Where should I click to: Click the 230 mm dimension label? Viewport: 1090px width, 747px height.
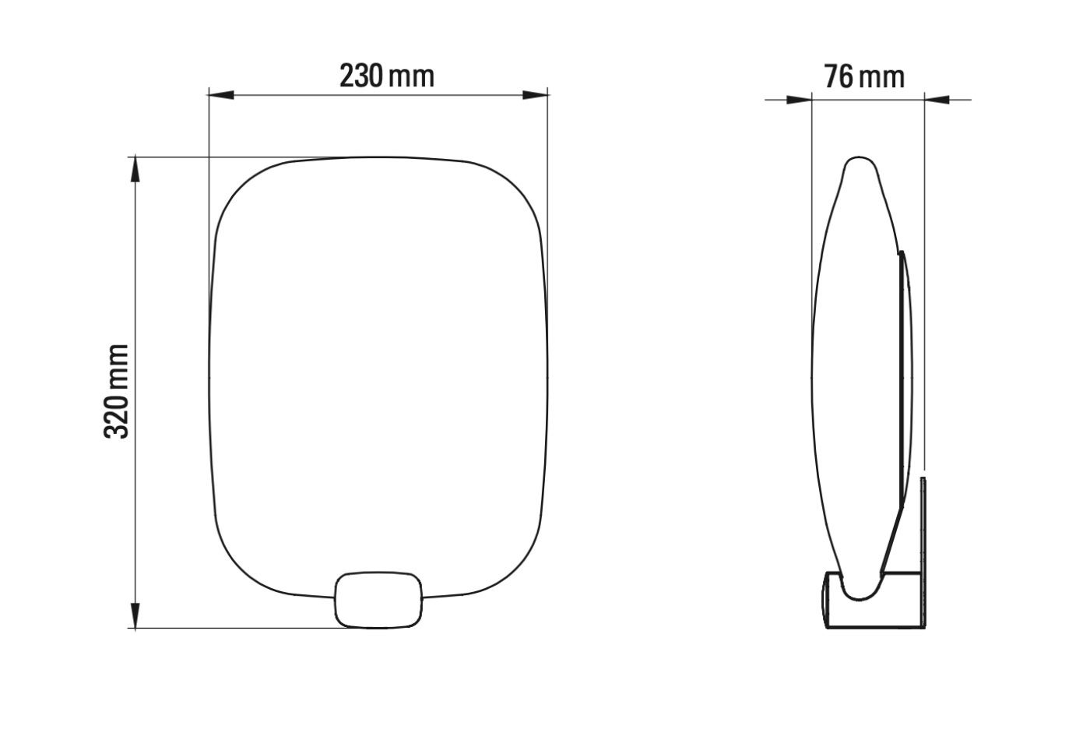click(386, 76)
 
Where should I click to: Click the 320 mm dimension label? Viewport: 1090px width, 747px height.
click(117, 391)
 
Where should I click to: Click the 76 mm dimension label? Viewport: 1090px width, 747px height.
click(864, 77)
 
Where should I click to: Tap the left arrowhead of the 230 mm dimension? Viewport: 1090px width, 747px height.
click(221, 95)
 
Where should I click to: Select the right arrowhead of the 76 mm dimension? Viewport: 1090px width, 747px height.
click(937, 100)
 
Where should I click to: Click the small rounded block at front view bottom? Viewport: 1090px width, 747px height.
click(378, 599)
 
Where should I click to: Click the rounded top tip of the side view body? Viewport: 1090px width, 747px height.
click(860, 165)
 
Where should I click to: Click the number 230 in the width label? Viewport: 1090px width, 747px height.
click(361, 76)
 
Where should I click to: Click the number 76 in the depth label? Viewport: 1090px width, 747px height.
click(839, 77)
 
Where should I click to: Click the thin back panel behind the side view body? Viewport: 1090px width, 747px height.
click(906, 374)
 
